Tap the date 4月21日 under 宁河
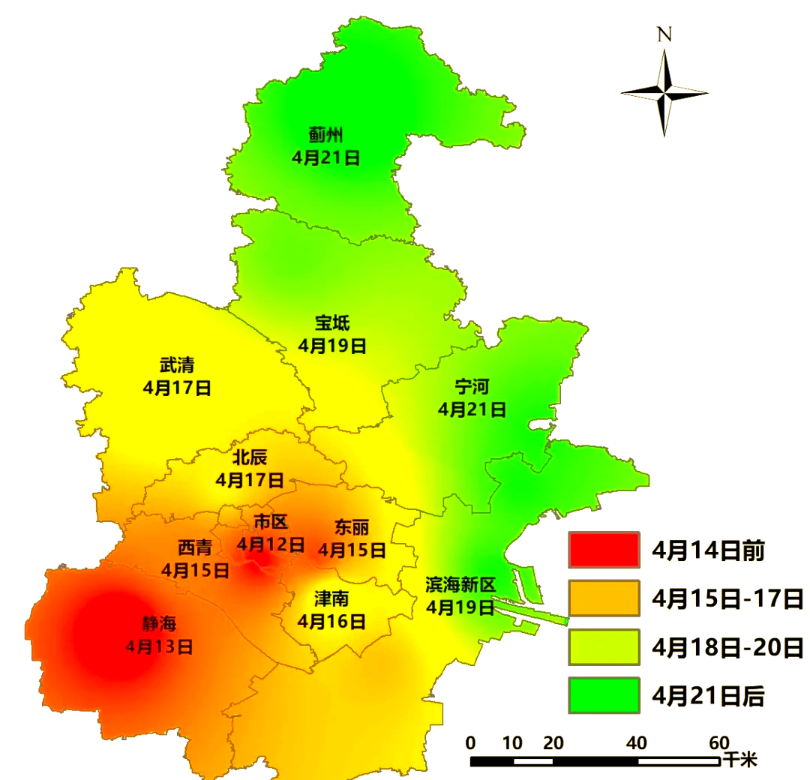tap(472, 409)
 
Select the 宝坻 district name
tap(331, 323)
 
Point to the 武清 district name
tap(176, 365)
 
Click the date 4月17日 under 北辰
tap(249, 479)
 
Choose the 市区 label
tap(271, 522)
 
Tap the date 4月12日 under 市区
tap(271, 544)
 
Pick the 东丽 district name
tap(352, 527)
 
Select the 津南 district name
tap(331, 598)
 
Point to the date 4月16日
tap(331, 621)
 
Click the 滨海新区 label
tap(460, 584)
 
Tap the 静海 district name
tap(159, 623)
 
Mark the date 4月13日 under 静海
tap(159, 645)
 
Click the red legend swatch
tap(604, 550)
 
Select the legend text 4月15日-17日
tap(727, 598)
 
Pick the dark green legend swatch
tap(604, 695)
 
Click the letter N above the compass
tap(664, 34)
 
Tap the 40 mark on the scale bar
tap(637, 743)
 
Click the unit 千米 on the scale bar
tap(739, 760)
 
